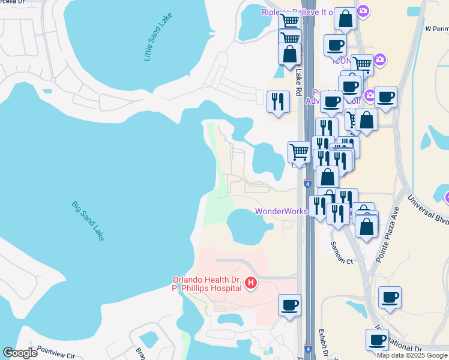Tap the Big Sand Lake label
pyautogui.click(x=88, y=221)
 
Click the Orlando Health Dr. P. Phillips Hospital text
pyautogui.click(x=208, y=283)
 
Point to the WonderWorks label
pyautogui.click(x=282, y=211)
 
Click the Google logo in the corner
pyautogui.click(x=20, y=353)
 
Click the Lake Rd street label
pyautogui.click(x=298, y=82)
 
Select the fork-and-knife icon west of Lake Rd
pyautogui.click(x=278, y=101)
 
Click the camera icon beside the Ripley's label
pyautogui.click(x=363, y=11)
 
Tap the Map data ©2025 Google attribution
pyautogui.click(x=412, y=355)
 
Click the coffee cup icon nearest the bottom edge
pyautogui.click(x=378, y=340)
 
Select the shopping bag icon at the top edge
pyautogui.click(x=345, y=19)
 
